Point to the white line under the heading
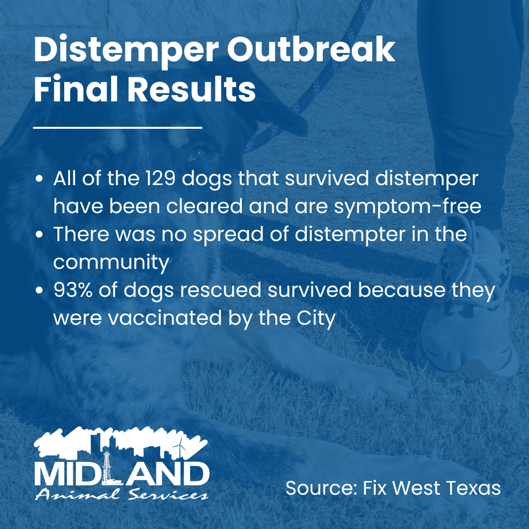(x=118, y=128)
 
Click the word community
(x=111, y=263)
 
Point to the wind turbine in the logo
(x=182, y=446)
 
